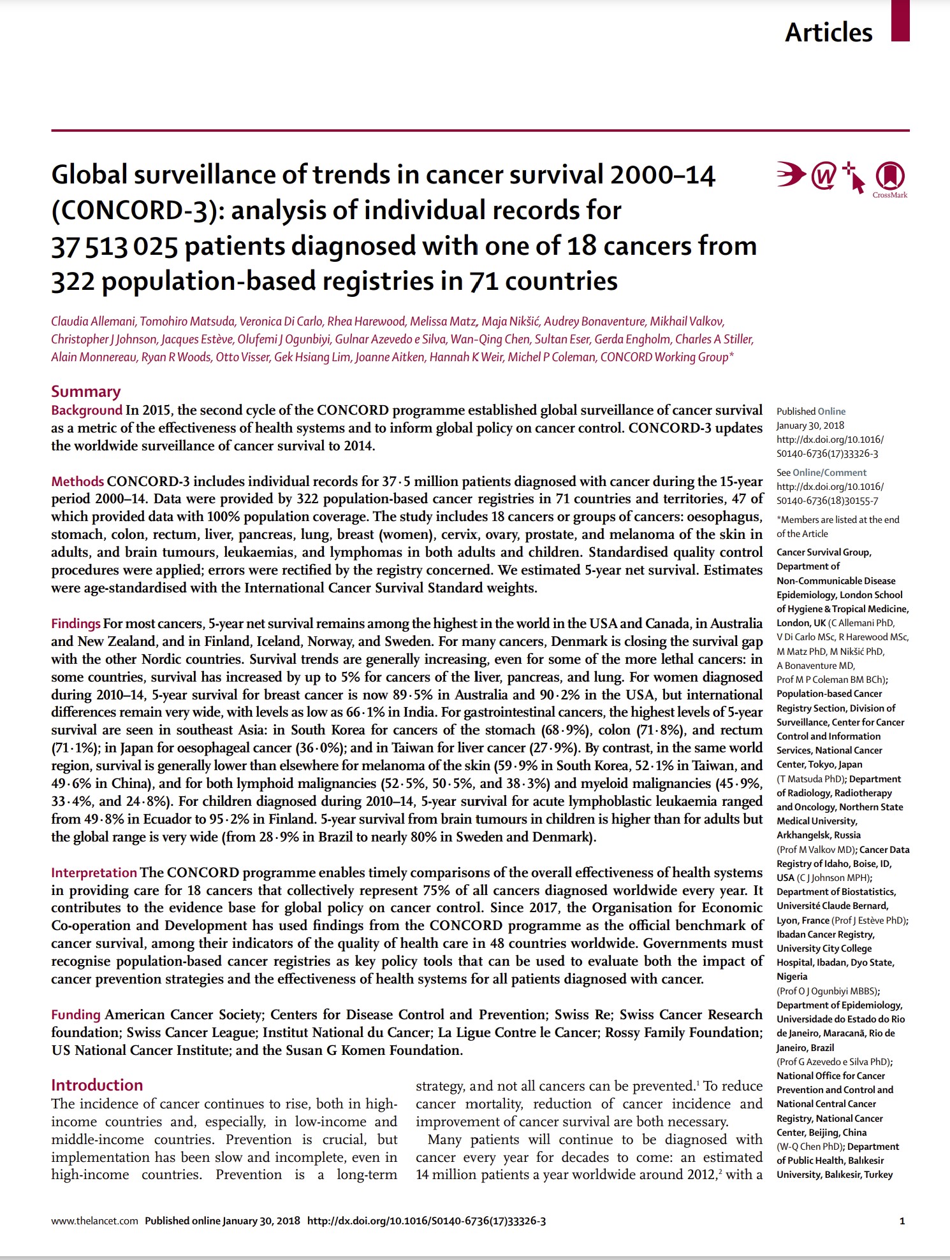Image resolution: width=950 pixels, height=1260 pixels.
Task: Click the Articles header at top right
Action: (x=828, y=32)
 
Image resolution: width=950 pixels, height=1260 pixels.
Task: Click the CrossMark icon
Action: (x=890, y=178)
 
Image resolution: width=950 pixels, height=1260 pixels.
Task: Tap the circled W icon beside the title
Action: (x=824, y=176)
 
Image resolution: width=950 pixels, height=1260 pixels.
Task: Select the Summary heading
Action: (x=86, y=391)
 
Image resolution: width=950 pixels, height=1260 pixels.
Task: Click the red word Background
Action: (x=87, y=410)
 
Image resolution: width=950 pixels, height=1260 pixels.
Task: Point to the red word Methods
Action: (x=77, y=482)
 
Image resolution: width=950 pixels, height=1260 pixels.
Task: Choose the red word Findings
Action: (x=76, y=624)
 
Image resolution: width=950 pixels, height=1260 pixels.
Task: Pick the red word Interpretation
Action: (x=94, y=873)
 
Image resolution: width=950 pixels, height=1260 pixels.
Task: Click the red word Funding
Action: (x=76, y=1015)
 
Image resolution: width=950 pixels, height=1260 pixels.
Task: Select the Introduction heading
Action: (x=97, y=1085)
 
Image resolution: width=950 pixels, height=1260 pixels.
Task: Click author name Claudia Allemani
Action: (x=93, y=322)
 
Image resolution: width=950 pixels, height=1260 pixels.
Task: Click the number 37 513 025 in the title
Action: (x=114, y=247)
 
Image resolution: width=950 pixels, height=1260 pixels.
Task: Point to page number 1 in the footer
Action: (x=902, y=1221)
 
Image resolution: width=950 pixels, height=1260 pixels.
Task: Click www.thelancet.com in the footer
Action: (x=94, y=1221)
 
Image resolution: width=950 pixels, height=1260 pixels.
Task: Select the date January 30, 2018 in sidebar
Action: (x=810, y=426)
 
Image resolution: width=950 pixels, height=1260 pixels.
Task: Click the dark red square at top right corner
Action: (x=900, y=20)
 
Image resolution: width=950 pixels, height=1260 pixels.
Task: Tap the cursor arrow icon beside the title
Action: (x=854, y=178)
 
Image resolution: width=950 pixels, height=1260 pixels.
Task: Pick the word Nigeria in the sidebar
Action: (x=792, y=977)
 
